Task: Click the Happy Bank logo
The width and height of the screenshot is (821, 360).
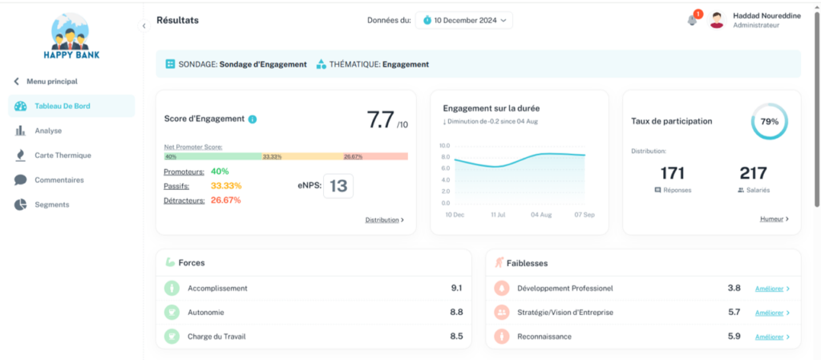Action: [71, 38]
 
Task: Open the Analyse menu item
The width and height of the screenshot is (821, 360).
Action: [47, 131]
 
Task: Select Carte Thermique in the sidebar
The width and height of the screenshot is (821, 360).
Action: [62, 156]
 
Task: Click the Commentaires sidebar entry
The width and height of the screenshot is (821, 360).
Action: [59, 180]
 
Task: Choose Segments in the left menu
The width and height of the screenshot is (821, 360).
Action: [51, 204]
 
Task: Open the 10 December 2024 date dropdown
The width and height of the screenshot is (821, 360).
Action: [463, 20]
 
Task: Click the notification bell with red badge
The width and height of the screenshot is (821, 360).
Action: [693, 20]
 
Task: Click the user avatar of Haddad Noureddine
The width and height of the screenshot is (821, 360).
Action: [717, 20]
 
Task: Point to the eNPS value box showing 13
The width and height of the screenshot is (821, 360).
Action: [338, 186]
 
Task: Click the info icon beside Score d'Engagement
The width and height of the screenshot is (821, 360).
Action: [253, 119]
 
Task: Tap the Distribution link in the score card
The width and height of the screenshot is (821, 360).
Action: [384, 220]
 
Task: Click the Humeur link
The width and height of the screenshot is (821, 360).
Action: [774, 218]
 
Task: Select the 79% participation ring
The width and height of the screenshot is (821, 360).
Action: [769, 122]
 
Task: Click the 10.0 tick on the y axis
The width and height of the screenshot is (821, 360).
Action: [445, 146]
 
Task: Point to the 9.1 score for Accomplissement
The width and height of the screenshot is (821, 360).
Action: [456, 288]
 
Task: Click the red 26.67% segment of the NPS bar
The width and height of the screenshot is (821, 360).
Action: [374, 156]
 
